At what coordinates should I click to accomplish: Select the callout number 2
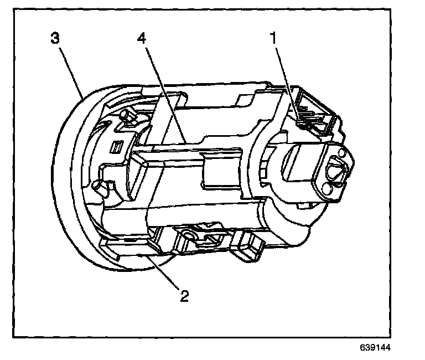tap(184, 295)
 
